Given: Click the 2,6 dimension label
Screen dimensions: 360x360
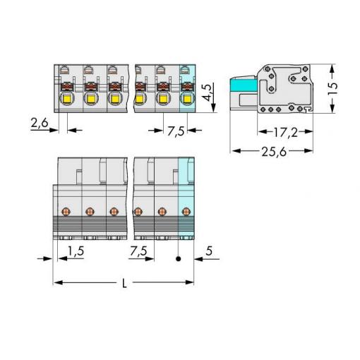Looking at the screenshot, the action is (x=40, y=123).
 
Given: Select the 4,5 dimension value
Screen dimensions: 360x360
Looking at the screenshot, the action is (x=207, y=92).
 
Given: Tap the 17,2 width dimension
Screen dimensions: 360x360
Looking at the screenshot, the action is (x=285, y=133).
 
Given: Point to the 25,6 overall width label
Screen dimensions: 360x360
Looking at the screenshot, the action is (x=274, y=152).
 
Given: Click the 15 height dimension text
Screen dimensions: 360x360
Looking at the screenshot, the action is (x=332, y=88).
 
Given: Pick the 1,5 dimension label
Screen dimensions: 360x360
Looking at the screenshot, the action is (x=76, y=251).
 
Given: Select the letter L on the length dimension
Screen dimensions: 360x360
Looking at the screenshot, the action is (x=124, y=283).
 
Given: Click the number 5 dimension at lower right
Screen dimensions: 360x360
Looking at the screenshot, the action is (x=209, y=251).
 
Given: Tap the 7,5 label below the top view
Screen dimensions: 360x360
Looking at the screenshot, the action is (x=176, y=131).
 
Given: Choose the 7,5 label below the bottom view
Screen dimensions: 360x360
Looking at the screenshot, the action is (x=138, y=251).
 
